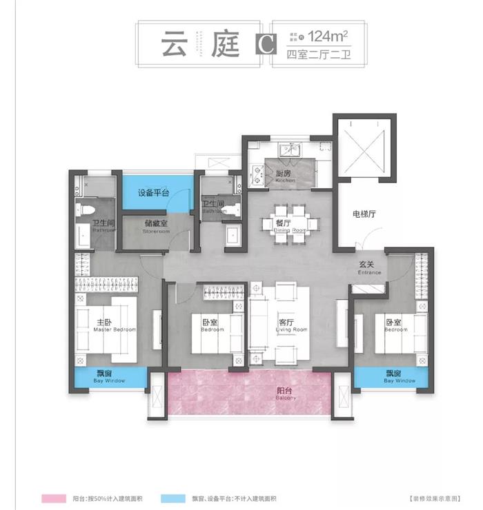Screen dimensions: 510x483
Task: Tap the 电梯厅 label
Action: coord(363,214)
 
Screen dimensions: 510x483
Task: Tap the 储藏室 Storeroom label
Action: coord(156,227)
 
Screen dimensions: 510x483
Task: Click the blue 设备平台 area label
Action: coord(153,193)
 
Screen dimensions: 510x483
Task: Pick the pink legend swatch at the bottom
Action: coord(50,497)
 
